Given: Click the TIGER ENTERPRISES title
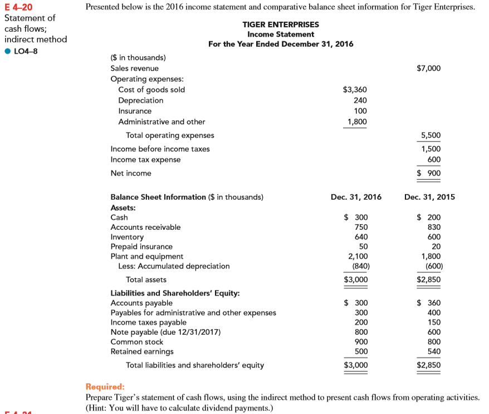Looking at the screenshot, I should pos(281,25).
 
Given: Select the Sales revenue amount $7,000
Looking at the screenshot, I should pos(428,68).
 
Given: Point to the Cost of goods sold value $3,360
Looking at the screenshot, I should pos(355,90).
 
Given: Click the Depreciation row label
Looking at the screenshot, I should pos(141,100).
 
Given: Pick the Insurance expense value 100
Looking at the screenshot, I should pos(360,111).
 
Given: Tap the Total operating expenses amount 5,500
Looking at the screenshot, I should pos(431,135).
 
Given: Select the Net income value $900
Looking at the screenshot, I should pos(429,174).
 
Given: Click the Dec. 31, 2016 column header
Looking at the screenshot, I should pos(356,197).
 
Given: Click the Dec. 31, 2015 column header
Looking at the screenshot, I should pos(429,197).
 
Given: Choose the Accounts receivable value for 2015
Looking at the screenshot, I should pos(433,227).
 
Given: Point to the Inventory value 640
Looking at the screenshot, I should pos(361,237).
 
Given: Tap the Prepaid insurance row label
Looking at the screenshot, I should pos(141,247).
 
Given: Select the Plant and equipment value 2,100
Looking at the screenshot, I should pos(358,256).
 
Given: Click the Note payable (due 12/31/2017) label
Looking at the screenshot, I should pos(165,332).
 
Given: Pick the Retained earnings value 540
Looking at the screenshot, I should pos(433,352).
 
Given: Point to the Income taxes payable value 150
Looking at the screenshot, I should pos(433,322).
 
